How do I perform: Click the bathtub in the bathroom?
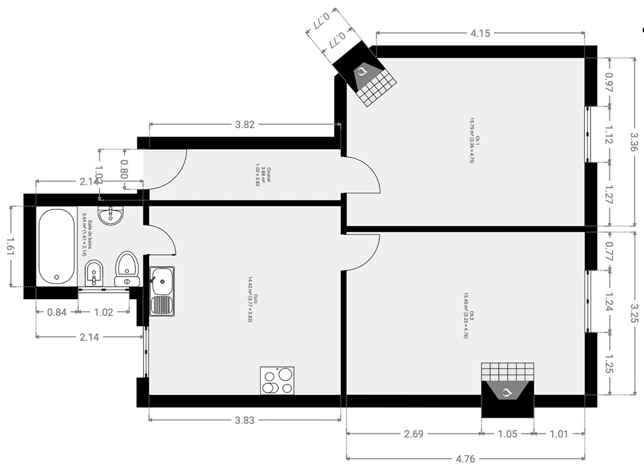(56, 247)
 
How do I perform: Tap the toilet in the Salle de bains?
(127, 269)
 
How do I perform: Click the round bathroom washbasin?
(111, 216)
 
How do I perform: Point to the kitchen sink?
(162, 291)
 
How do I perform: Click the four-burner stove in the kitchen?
(277, 380)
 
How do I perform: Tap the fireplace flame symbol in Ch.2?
(507, 392)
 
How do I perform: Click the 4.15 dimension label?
(480, 33)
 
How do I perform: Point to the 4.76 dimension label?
(465, 459)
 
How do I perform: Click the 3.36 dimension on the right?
(634, 142)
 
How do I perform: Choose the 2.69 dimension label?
(414, 434)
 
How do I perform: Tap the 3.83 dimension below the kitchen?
(245, 420)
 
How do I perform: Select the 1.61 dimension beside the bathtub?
(10, 247)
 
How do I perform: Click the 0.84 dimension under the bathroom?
(57, 312)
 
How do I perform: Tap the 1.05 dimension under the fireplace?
(507, 434)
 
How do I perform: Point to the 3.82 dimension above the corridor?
(245, 124)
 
